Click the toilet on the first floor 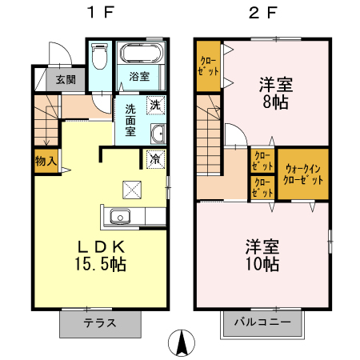[x=99, y=56]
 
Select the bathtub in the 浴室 [x=142, y=53]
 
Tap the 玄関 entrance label [x=66, y=79]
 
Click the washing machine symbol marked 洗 [x=156, y=105]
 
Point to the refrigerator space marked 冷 [x=156, y=159]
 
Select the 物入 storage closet [x=46, y=161]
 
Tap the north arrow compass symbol [x=182, y=342]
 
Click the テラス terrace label [x=100, y=323]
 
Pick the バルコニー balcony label [x=262, y=322]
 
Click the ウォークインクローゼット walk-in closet [x=303, y=174]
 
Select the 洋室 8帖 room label [x=276, y=93]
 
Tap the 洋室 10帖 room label [x=262, y=255]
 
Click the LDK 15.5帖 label [x=101, y=255]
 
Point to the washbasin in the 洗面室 [x=158, y=134]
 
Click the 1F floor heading [x=102, y=12]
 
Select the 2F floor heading [x=263, y=12]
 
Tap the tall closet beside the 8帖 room [x=209, y=66]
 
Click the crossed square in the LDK [x=132, y=190]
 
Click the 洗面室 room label [x=130, y=120]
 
